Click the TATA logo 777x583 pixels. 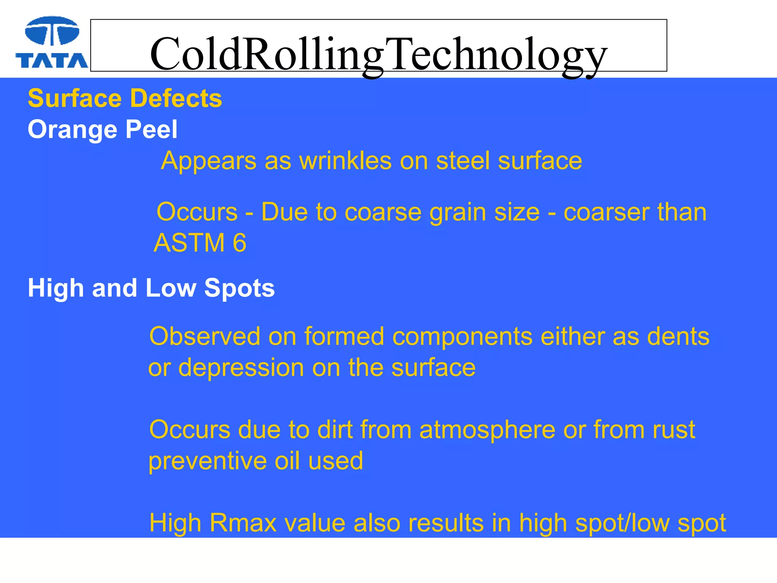point(52,43)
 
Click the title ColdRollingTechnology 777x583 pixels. point(378,54)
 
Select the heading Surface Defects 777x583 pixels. point(125,98)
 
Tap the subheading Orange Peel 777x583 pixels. point(102,129)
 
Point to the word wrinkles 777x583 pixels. point(345,161)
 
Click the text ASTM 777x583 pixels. point(189,243)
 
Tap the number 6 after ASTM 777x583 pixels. point(239,243)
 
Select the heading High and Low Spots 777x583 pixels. point(151,288)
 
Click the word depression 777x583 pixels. point(241,368)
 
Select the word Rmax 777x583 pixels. point(243,523)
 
